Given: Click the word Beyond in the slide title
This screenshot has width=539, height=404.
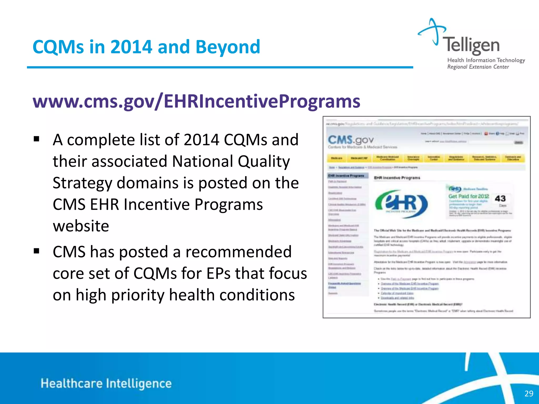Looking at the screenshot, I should coord(228,47).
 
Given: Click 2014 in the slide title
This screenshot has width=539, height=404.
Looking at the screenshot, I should coord(131,47).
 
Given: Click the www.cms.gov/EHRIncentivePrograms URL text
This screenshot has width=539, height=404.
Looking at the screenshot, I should coord(196,101).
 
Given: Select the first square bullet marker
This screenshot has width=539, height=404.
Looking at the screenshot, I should coord(36,139).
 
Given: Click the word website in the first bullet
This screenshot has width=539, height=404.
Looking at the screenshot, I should coord(81,226).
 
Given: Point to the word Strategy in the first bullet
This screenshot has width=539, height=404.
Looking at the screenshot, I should coord(82,183).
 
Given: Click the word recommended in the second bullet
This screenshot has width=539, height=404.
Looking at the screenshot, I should coord(238,252).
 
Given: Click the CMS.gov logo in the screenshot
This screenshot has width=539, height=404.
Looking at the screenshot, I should coord(350,140).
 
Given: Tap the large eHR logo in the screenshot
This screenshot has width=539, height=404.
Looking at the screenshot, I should coord(401,204).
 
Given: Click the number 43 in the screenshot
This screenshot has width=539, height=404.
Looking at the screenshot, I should coord(500,198).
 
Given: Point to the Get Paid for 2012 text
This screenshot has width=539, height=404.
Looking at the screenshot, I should coord(468,196).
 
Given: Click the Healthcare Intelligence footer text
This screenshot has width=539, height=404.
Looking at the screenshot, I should coord(106,383).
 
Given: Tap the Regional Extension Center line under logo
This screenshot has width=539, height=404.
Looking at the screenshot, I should coord(478,67).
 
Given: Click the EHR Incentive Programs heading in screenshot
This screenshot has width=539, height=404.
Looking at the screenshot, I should coord(397,178).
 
